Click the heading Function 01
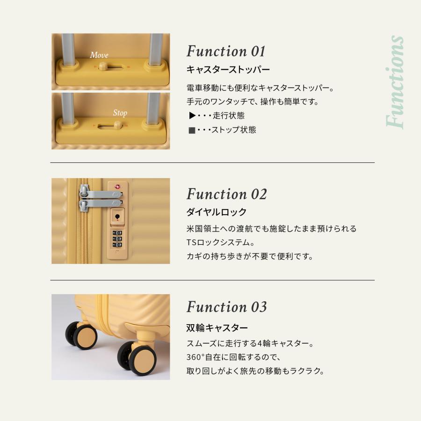226,51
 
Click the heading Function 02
226,194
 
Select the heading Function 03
226,307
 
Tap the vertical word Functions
395,82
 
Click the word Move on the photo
99,55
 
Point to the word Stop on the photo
120,113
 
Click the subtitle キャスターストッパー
228,70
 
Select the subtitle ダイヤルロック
216,212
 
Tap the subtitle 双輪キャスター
217,327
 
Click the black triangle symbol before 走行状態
192,116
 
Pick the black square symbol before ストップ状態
192,130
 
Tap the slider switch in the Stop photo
118,125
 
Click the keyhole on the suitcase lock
117,217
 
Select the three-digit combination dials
117,238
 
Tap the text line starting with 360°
232,357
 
